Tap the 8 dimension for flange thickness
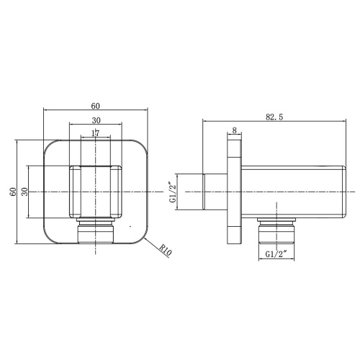tap(235, 130)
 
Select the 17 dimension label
tap(96, 132)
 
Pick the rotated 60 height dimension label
tap(12, 191)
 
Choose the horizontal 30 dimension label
tap(96, 120)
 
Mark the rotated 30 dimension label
tap(25, 191)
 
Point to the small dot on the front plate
tap(131, 229)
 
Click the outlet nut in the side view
tap(277, 230)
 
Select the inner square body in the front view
tap(96, 191)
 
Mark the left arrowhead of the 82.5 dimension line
tap(204, 122)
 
